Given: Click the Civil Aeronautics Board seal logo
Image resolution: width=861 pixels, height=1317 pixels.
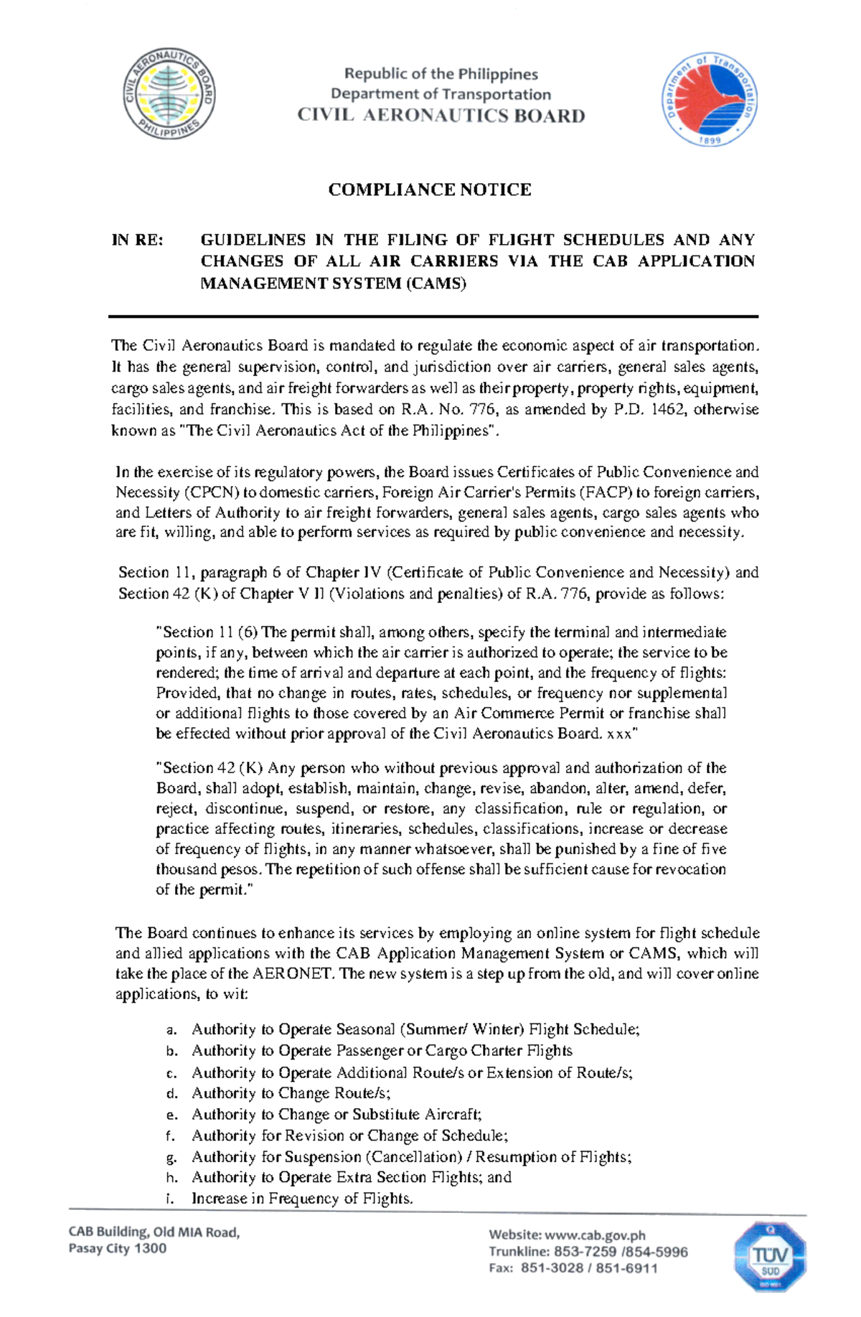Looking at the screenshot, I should click(x=169, y=94).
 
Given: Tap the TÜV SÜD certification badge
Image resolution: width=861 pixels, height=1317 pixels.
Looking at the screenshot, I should click(x=769, y=1257).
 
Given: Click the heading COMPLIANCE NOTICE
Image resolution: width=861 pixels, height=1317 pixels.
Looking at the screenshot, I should click(x=430, y=189).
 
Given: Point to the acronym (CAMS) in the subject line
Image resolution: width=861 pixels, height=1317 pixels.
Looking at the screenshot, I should click(x=436, y=283).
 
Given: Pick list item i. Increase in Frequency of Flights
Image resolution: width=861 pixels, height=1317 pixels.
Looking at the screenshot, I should click(x=301, y=1199).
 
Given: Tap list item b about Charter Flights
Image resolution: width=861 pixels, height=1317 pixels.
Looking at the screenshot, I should click(x=381, y=1051).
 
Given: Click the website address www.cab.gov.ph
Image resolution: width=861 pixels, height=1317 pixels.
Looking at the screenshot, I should click(x=595, y=1235).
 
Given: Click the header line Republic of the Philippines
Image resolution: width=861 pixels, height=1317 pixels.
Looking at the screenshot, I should click(x=441, y=74).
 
